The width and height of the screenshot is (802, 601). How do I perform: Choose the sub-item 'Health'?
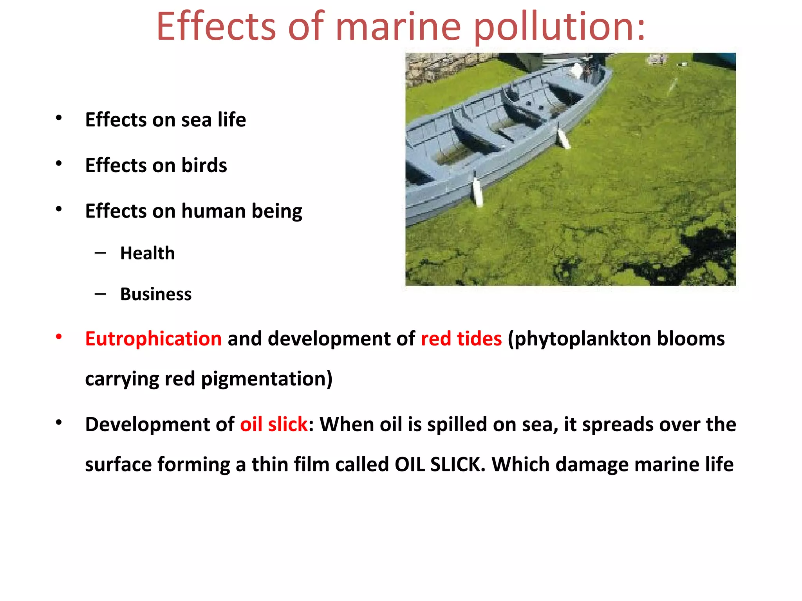(148, 253)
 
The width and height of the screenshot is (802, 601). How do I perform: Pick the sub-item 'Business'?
(156, 294)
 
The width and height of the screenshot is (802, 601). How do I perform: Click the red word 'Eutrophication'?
(154, 338)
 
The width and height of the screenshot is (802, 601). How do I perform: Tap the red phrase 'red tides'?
(461, 338)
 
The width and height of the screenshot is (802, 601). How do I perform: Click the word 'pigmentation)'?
(267, 379)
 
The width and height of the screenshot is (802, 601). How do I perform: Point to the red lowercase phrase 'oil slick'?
(274, 424)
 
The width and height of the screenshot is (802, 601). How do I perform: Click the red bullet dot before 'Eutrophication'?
(59, 337)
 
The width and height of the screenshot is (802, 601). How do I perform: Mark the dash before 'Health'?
(100, 253)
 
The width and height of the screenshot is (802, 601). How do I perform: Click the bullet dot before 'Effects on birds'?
(59, 164)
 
